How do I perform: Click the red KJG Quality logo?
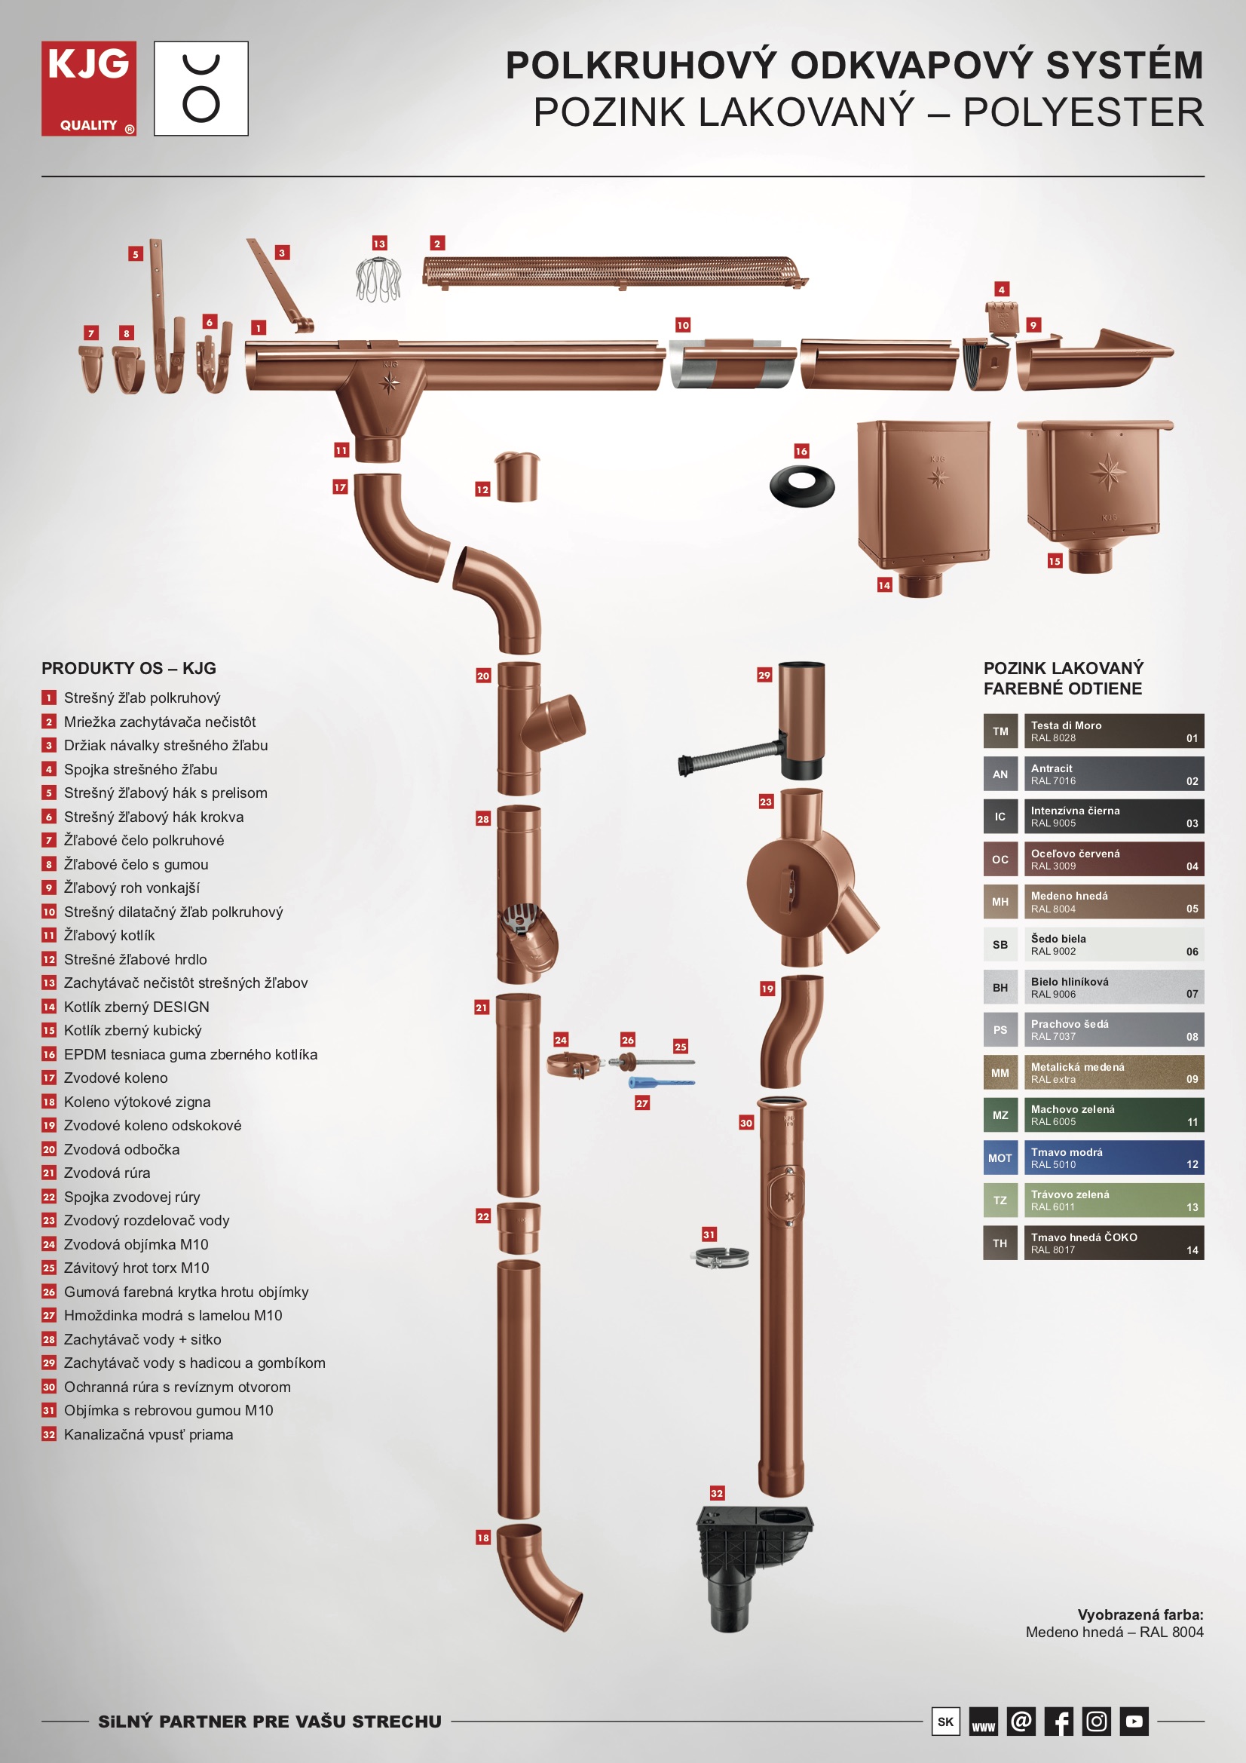[89, 88]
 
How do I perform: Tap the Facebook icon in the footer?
[1058, 1721]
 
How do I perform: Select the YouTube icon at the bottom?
[1134, 1721]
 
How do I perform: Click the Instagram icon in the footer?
[1096, 1721]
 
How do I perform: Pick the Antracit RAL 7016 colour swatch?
[1093, 774]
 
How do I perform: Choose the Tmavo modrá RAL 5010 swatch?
[1093, 1158]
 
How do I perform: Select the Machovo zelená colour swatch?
[1093, 1115]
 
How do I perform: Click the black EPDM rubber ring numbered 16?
[802, 486]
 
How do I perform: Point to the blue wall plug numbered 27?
[661, 1083]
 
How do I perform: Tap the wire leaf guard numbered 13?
[378, 279]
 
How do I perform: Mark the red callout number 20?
[483, 676]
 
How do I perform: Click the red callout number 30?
[746, 1123]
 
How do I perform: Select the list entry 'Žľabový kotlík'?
[109, 935]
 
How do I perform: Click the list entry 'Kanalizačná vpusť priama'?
[148, 1434]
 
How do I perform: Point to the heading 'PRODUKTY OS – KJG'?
[129, 668]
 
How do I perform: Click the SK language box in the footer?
[946, 1721]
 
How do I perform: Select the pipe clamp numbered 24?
[574, 1065]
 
